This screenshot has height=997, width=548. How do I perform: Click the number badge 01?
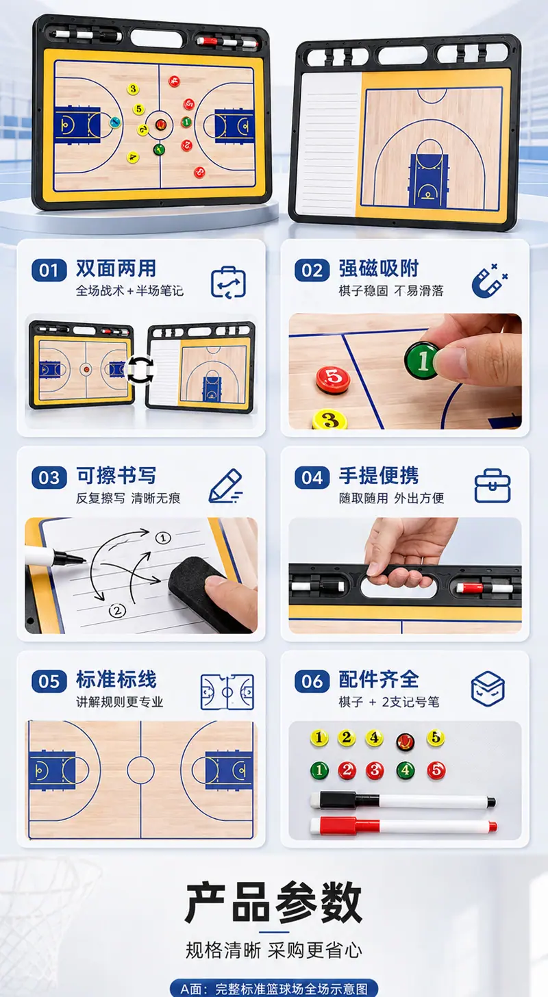[49, 270]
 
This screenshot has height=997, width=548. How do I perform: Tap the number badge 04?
[312, 477]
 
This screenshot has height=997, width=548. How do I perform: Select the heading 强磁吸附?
[379, 268]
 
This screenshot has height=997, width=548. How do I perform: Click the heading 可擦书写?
[116, 476]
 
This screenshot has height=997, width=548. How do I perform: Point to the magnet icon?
[489, 281]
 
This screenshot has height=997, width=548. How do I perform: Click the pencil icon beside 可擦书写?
[225, 486]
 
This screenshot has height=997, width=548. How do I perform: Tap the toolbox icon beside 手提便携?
[493, 486]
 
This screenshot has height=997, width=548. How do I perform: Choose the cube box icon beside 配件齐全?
[488, 689]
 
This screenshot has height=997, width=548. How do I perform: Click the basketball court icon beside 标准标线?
[227, 692]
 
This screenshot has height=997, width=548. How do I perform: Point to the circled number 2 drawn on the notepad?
[118, 611]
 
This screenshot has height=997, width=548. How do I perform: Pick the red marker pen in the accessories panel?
[403, 826]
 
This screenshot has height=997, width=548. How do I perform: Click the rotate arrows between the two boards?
[140, 369]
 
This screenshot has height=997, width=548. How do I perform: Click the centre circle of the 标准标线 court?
[140, 770]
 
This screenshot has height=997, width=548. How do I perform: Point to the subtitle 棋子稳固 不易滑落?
[391, 290]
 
